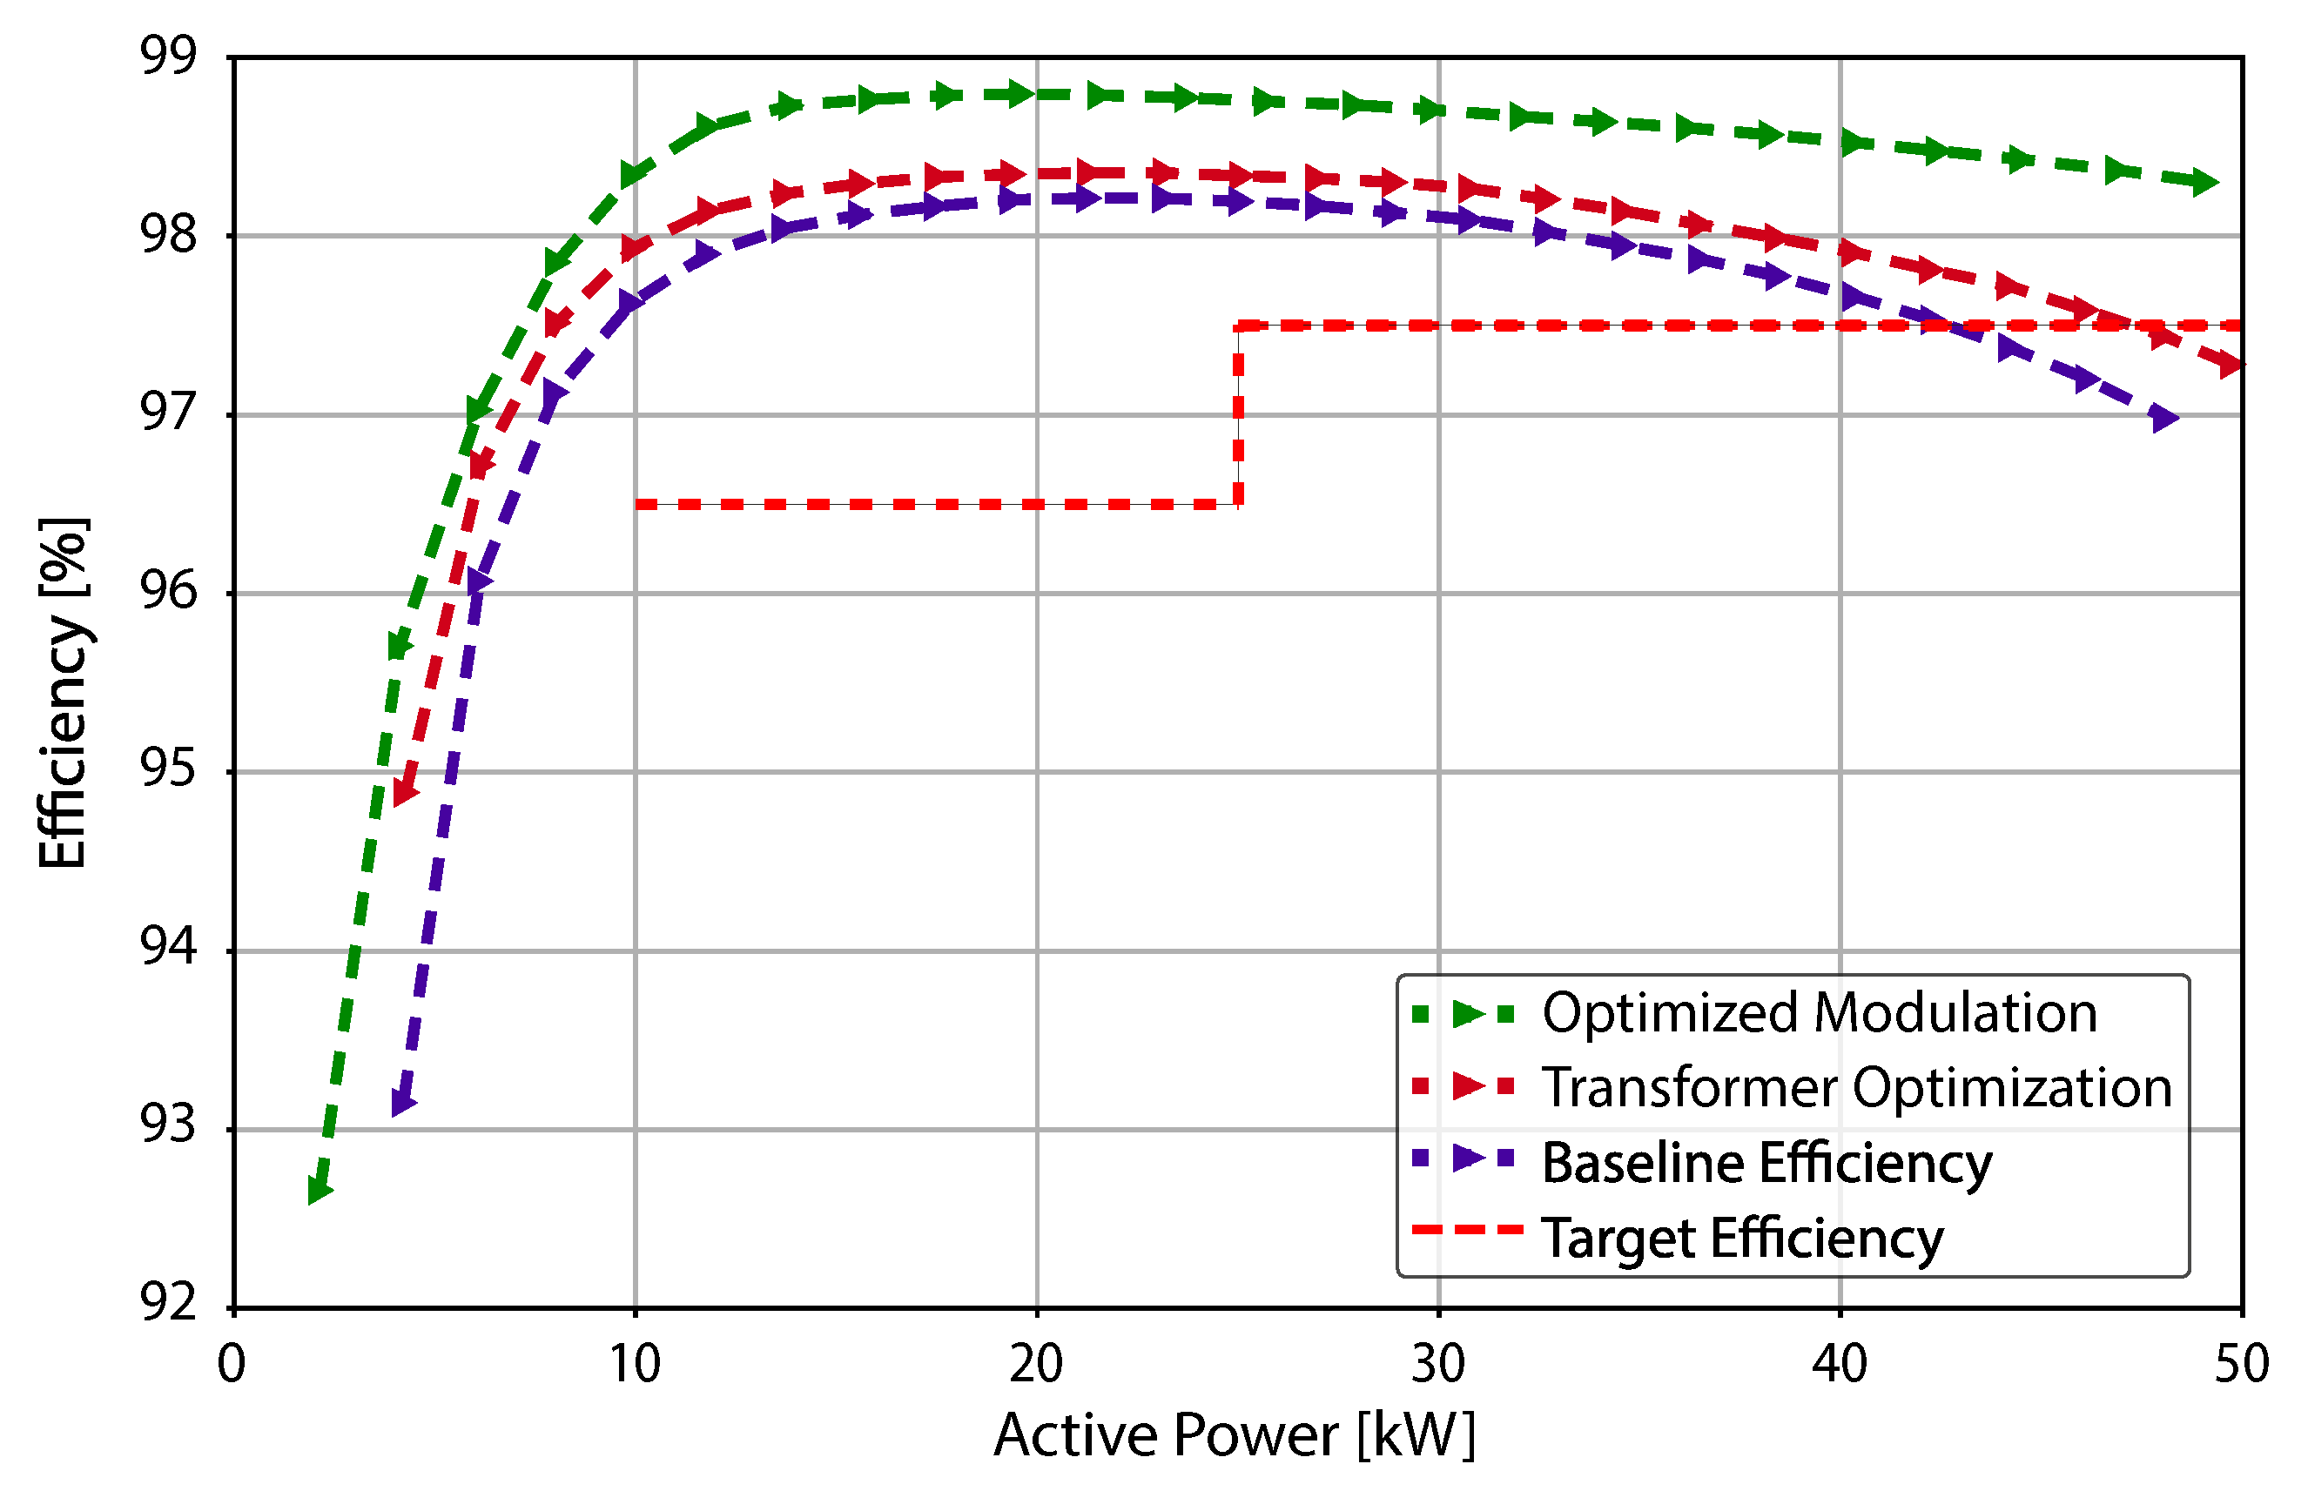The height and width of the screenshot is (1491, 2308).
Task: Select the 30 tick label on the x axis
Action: click(1437, 1364)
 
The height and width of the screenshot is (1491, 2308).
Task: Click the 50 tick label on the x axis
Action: click(2241, 1364)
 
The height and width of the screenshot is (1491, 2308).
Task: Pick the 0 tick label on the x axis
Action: click(232, 1364)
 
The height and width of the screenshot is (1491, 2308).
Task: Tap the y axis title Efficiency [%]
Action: click(64, 693)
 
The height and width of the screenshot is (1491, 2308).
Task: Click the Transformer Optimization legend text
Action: click(1857, 1087)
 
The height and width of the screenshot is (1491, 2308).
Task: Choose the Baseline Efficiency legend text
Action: click(1766, 1162)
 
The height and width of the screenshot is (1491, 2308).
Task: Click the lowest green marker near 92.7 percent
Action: click(319, 1190)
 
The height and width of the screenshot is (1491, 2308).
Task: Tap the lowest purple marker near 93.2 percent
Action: click(403, 1102)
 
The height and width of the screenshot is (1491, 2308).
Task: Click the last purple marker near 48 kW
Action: click(2163, 419)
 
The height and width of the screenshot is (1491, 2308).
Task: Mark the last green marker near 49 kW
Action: click(2204, 181)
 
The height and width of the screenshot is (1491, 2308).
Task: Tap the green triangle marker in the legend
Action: click(1468, 1014)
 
